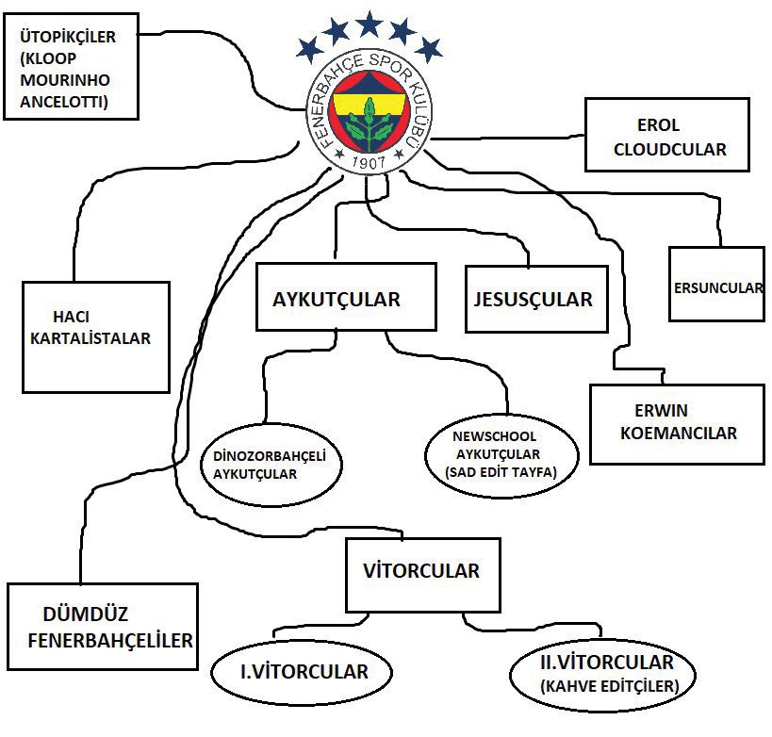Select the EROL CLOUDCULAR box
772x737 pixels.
pyautogui.click(x=666, y=137)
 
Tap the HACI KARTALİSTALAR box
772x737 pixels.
pyautogui.click(x=96, y=336)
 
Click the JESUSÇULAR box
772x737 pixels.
pyautogui.click(x=533, y=300)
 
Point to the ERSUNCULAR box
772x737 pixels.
pyautogui.click(x=716, y=284)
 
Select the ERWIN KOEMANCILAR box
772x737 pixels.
pyautogui.click(x=676, y=423)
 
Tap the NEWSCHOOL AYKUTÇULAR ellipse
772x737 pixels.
pyautogui.click(x=501, y=454)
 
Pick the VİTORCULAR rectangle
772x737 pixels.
pyautogui.click(x=420, y=573)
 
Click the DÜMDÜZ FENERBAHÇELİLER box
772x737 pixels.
pyautogui.click(x=103, y=627)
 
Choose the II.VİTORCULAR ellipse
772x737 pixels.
pyautogui.click(x=607, y=673)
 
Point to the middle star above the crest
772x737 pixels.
pyautogui.click(x=369, y=24)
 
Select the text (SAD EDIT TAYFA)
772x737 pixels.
pyautogui.click(x=501, y=472)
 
